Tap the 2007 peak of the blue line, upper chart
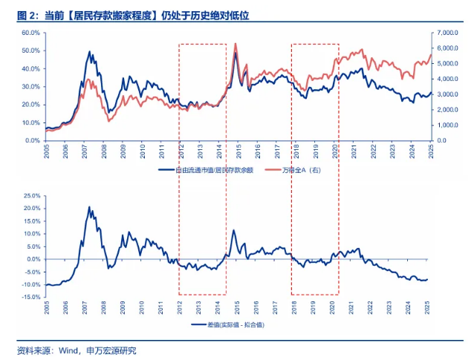pos(90,52)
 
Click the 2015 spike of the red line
pos(236,44)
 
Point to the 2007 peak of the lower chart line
pos(89,207)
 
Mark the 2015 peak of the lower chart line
pos(234,230)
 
